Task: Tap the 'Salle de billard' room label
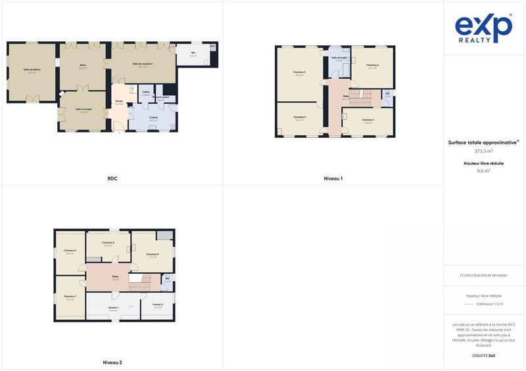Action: coord(32,70)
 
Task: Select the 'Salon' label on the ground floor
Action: coord(83,65)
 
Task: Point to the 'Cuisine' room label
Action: coord(153,118)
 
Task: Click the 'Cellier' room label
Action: coord(145,92)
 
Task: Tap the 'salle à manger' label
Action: coord(82,109)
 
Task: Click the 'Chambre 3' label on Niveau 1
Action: coord(299,72)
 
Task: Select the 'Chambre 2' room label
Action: coord(372,65)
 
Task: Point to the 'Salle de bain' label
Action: coord(339,58)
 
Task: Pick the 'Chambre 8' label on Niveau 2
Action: coord(153,254)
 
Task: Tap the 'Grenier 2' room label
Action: coord(158,305)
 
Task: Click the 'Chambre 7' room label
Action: coord(70,296)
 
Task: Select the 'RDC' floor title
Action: coord(112,178)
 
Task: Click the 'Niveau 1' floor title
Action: coord(333,178)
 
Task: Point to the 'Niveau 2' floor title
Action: coord(112,362)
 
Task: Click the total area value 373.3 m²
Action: coord(483,151)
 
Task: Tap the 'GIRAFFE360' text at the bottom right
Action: coord(483,355)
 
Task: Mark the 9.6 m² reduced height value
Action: coord(483,171)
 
